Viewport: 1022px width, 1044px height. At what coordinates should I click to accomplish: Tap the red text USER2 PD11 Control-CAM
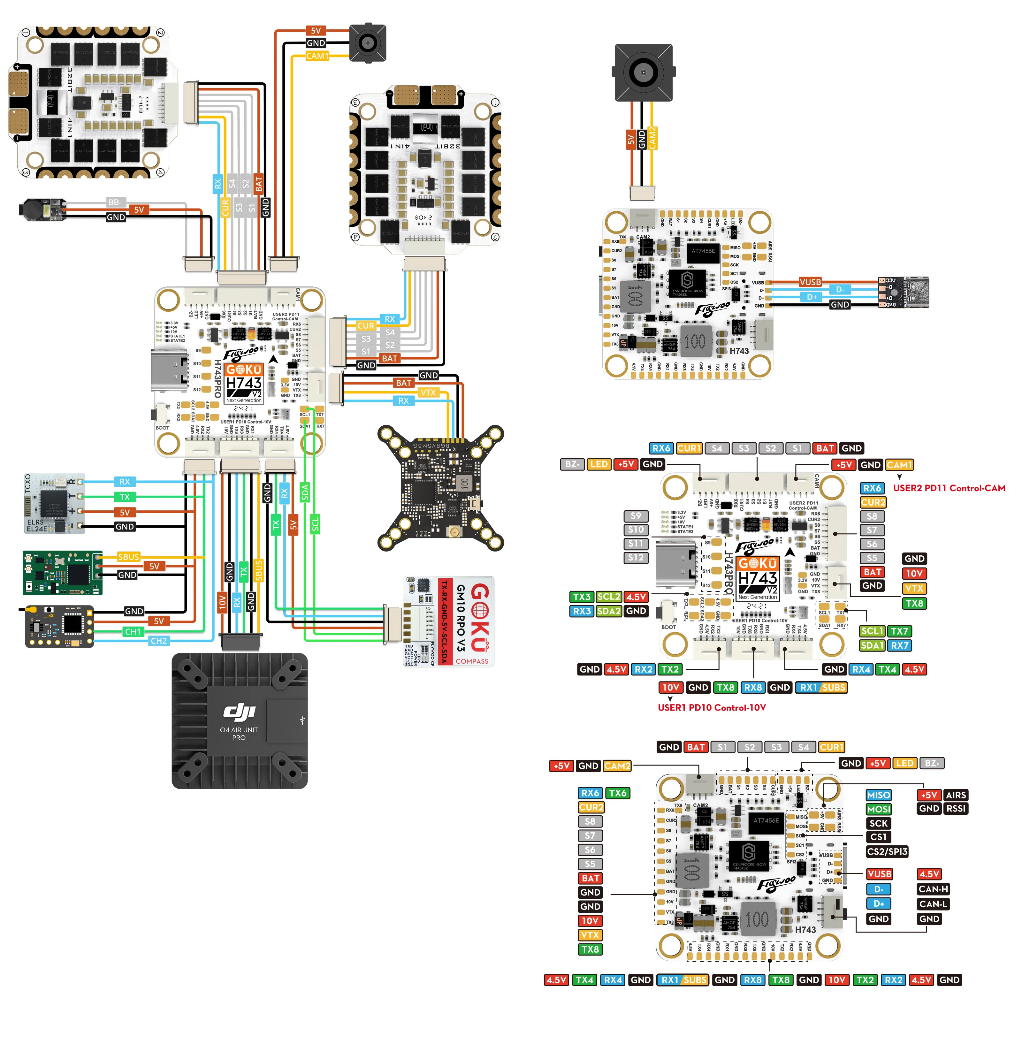(949, 488)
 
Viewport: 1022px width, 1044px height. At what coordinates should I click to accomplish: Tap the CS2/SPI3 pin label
(887, 851)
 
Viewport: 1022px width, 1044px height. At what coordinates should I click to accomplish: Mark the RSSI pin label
(956, 808)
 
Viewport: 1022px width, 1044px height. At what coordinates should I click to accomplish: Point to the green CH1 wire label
(133, 632)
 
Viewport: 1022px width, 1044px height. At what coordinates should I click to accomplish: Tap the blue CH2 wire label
(158, 641)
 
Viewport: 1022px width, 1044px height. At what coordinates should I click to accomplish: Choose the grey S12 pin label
(636, 558)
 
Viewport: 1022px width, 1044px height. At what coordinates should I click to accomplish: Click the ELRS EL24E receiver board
(54, 504)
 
